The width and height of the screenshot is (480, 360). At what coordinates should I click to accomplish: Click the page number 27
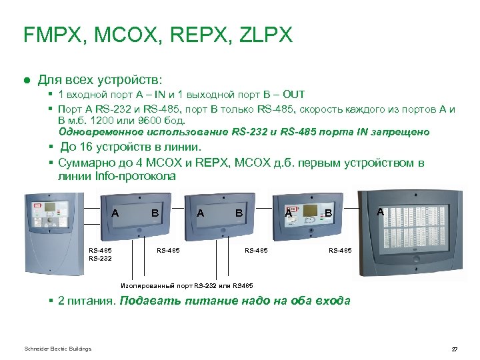[x=455, y=349]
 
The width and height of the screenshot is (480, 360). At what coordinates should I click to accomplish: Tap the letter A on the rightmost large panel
[x=380, y=211]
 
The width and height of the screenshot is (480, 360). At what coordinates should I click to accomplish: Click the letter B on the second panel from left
[x=155, y=213]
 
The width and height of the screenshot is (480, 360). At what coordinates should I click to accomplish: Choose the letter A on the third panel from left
[x=200, y=213]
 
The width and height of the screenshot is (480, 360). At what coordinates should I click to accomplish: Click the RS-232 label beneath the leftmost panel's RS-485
[x=101, y=257]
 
